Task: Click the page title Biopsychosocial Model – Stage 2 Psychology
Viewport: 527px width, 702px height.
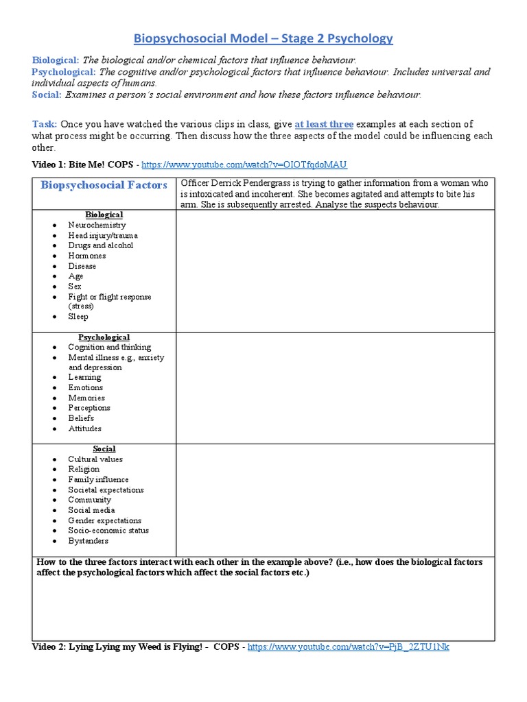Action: click(x=263, y=38)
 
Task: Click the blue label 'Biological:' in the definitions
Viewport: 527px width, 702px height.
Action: click(x=56, y=60)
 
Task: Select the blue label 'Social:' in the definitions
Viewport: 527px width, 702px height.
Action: click(x=47, y=95)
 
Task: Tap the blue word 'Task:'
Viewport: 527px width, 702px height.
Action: click(x=45, y=124)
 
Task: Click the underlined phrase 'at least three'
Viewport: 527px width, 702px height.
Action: click(x=324, y=124)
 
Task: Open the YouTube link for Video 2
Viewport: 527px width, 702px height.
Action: click(x=348, y=646)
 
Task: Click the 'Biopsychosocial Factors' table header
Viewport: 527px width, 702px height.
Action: click(x=104, y=185)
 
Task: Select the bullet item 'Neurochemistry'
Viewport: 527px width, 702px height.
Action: click(x=97, y=225)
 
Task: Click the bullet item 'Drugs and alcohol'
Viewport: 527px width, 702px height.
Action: click(x=100, y=245)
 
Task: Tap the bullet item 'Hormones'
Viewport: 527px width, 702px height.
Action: click(x=87, y=256)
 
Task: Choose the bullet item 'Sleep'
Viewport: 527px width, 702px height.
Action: click(x=78, y=317)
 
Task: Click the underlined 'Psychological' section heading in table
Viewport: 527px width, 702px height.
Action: click(x=104, y=337)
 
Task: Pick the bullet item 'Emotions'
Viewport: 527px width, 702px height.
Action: click(x=86, y=387)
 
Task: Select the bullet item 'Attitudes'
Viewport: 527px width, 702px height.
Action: click(x=84, y=428)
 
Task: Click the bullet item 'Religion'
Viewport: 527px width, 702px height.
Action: click(x=84, y=469)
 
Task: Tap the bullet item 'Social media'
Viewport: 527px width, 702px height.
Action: click(x=91, y=510)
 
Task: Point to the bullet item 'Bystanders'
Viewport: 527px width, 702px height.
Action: click(x=88, y=541)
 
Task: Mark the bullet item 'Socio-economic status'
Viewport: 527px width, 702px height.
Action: click(x=108, y=531)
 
